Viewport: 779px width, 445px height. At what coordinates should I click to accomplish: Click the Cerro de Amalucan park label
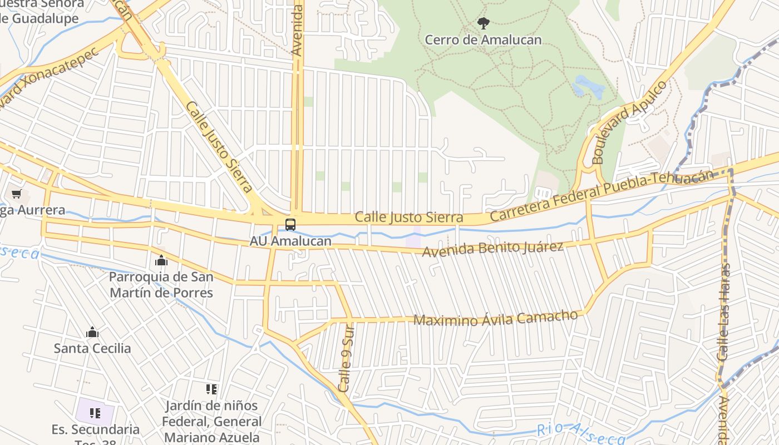point(483,39)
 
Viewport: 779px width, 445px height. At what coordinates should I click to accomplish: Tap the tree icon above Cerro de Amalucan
point(483,23)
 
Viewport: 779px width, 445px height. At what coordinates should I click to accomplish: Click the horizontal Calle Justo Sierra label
point(409,217)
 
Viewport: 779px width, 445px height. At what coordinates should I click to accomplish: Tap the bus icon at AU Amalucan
point(290,225)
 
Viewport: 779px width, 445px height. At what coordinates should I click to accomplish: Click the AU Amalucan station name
point(290,241)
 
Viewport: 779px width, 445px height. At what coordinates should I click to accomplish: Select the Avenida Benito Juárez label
point(493,249)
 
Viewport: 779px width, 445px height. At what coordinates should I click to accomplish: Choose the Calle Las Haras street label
point(724,311)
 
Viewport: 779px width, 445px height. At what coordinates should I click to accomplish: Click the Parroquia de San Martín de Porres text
point(161,284)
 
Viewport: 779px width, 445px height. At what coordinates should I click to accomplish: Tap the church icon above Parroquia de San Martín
point(161,260)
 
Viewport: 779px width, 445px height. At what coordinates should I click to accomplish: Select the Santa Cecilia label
point(92,349)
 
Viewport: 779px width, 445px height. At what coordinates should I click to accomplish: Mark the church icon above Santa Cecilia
point(92,333)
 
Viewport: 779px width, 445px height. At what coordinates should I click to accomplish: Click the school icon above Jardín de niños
point(211,389)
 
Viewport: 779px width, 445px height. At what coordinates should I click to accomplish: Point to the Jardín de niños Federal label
point(211,421)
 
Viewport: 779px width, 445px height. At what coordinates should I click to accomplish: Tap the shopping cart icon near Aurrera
point(16,194)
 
